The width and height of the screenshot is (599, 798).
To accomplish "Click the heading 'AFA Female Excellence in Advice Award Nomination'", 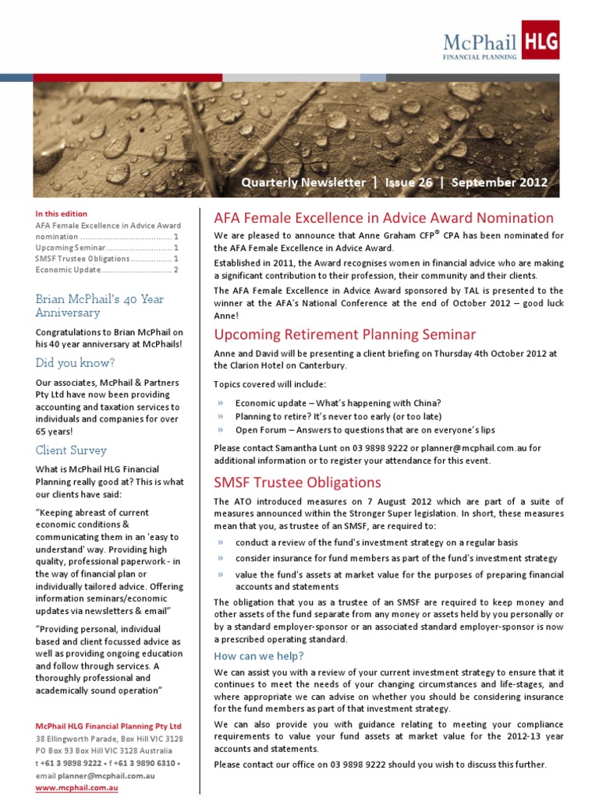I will (x=384, y=218).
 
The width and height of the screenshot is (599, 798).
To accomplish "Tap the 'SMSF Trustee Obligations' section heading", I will (x=298, y=482).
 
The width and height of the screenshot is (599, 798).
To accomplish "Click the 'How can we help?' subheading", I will (x=259, y=655).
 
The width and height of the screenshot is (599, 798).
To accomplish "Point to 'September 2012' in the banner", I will (x=499, y=182).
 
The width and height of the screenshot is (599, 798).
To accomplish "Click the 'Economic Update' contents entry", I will (x=69, y=270).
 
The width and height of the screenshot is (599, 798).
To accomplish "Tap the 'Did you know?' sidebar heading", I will (x=75, y=362).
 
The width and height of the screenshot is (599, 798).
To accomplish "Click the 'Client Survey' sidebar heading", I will (x=71, y=450).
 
